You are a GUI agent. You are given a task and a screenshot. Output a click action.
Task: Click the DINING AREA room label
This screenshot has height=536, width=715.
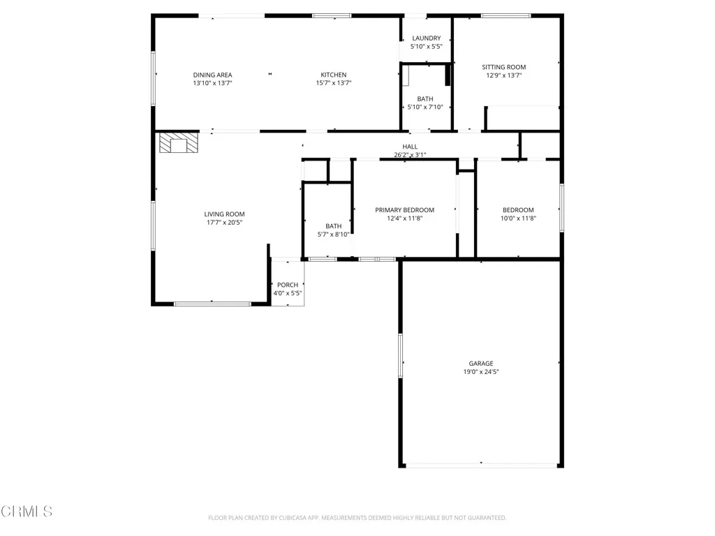coord(212,75)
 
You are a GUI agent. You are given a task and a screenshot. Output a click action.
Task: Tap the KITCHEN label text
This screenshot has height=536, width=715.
coord(333,75)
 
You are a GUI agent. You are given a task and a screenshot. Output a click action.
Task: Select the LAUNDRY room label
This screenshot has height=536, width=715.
coord(426,38)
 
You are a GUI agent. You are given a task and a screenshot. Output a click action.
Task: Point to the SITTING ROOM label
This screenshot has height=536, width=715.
coord(503,67)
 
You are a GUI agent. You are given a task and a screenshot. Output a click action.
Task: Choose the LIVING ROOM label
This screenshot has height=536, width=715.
coord(224,214)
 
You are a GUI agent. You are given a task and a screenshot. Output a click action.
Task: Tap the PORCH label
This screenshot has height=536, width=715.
coord(288,285)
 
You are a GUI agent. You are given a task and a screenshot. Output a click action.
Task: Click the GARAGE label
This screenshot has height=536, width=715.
coord(480,363)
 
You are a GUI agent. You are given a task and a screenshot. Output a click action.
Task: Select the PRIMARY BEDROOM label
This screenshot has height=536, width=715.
coord(404,210)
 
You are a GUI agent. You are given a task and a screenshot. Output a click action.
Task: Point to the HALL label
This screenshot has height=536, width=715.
coord(410,147)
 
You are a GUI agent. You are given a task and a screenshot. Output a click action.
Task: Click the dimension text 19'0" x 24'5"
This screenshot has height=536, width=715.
coord(480,372)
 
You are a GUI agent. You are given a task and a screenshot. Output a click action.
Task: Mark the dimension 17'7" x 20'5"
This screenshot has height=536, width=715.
coord(224,223)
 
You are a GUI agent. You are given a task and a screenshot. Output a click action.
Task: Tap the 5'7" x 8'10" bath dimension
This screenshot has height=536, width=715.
coord(333,234)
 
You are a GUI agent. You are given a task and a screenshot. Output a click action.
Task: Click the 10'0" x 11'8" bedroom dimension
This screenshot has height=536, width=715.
coord(518,218)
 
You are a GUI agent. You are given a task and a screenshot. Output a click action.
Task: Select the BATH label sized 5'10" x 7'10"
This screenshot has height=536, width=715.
coord(425,99)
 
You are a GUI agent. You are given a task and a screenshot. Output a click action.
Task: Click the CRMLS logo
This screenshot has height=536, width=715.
coord(27,512)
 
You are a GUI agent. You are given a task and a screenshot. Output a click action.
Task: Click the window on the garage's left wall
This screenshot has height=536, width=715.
coord(401,356)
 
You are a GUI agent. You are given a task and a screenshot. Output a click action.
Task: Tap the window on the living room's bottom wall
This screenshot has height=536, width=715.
coord(212,304)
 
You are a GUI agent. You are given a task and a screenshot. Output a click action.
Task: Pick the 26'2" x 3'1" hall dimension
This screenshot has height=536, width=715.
coord(410,155)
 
